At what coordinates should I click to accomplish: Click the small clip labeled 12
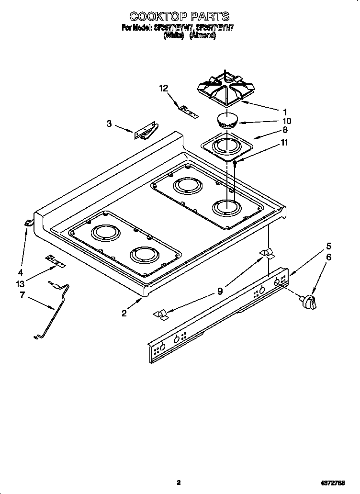coord(188,111)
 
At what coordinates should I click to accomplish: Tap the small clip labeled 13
coord(56,261)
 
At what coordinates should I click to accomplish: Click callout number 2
coord(124,314)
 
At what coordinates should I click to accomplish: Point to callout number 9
coord(220,290)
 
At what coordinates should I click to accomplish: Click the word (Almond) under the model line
coord(203,35)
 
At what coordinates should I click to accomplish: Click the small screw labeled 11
coord(235,163)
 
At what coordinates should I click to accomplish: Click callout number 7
coord(22,295)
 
